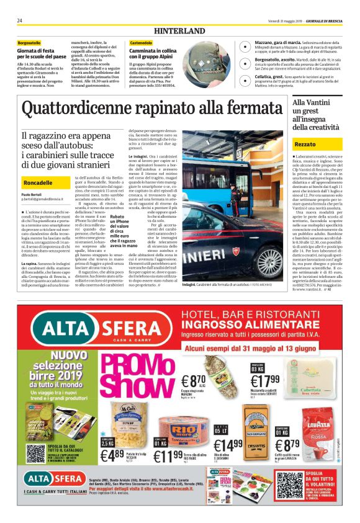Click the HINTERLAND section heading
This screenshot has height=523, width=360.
pyautogui.click(x=179, y=30)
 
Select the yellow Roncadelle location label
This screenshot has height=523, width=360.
pyautogui.click(x=37, y=184)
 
